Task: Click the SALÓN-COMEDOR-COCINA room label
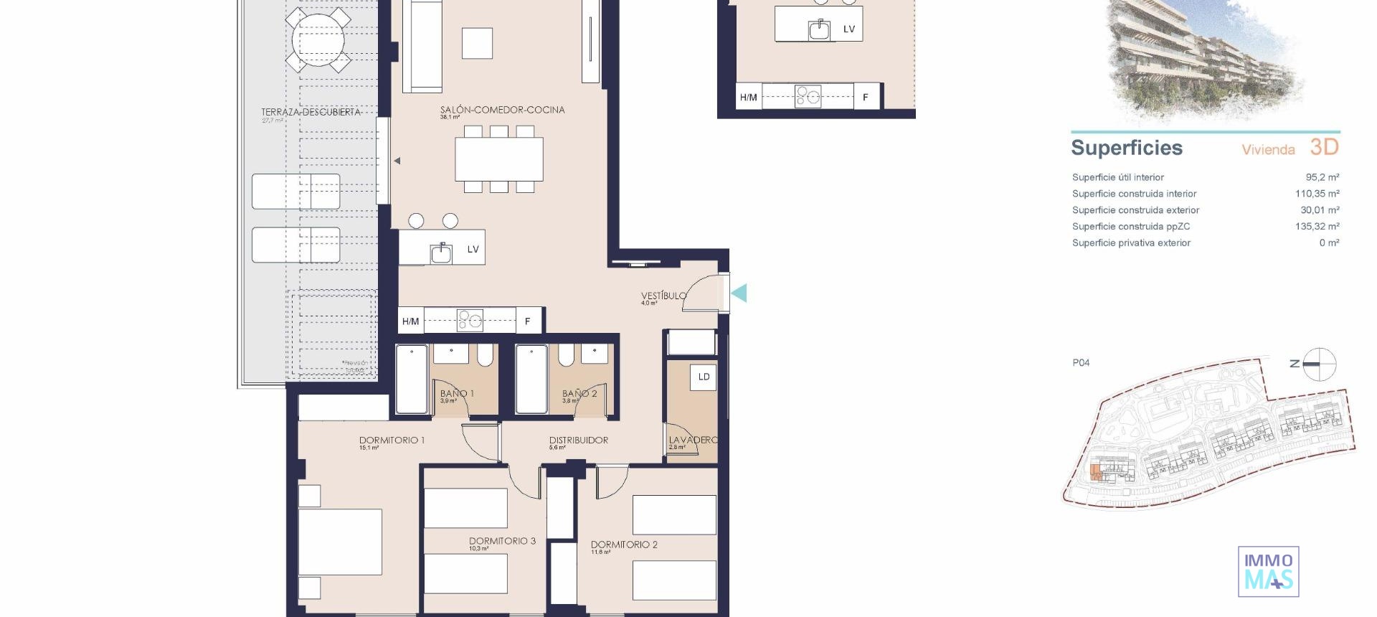(502, 110)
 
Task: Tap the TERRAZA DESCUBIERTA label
(311, 112)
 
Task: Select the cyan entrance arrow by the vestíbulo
(739, 293)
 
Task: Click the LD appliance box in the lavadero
(704, 377)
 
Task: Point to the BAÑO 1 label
(457, 393)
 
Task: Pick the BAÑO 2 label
(579, 393)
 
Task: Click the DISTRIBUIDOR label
(578, 441)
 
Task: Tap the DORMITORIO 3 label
(502, 541)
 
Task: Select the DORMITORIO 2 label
(624, 545)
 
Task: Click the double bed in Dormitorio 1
(340, 542)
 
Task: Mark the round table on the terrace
(318, 39)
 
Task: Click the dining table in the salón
(499, 159)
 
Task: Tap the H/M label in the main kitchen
(410, 321)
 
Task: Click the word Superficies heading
(1126, 148)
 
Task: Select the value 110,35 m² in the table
(1317, 194)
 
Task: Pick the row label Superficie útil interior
(1117, 177)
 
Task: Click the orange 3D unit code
(1324, 147)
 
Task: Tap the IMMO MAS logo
(1268, 572)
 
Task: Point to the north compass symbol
(1318, 364)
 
